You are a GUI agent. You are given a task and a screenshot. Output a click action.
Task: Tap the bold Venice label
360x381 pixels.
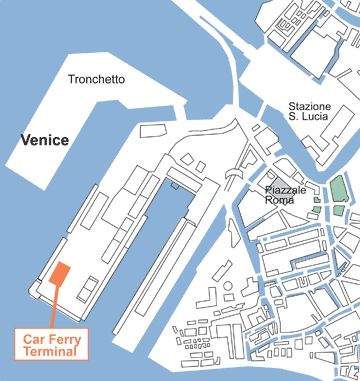tap(45, 140)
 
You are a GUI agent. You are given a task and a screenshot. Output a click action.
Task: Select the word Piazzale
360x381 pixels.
tap(288, 189)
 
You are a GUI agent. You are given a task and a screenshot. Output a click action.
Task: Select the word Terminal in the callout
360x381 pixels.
tap(54, 353)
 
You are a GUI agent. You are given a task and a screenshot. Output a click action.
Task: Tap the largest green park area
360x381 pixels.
tap(338, 188)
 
